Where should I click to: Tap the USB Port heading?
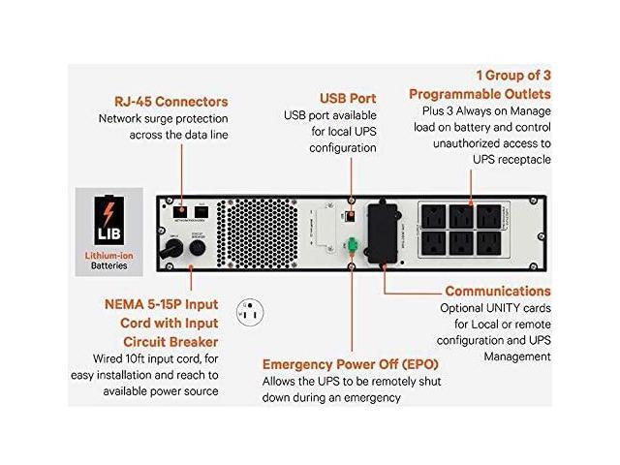pyautogui.click(x=348, y=99)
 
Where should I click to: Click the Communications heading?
pyautogui.click(x=498, y=291)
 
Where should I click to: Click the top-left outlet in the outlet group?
pyautogui.click(x=433, y=216)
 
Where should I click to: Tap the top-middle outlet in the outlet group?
pyautogui.click(x=461, y=216)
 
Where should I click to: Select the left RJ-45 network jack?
pyautogui.click(x=178, y=211)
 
